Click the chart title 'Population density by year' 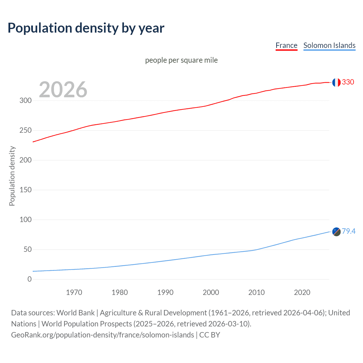tap(86, 28)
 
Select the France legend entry tap(286, 45)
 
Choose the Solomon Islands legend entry tap(329, 45)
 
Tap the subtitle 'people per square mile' tap(181, 60)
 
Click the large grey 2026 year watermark tap(63, 90)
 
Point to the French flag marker tap(336, 82)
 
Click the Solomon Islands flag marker tap(336, 232)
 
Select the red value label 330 tap(348, 82)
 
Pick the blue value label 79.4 tap(349, 231)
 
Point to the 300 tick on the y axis tap(26, 100)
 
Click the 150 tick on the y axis tap(26, 190)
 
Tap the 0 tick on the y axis tap(29, 279)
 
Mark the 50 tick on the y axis tap(28, 250)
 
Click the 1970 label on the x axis tap(74, 292)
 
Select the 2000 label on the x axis tap(211, 292)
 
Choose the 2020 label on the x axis tap(302, 292)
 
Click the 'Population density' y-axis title tap(12, 176)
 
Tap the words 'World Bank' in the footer tap(75, 313)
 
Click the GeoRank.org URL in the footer tap(102, 335)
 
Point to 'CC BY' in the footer tap(210, 335)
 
